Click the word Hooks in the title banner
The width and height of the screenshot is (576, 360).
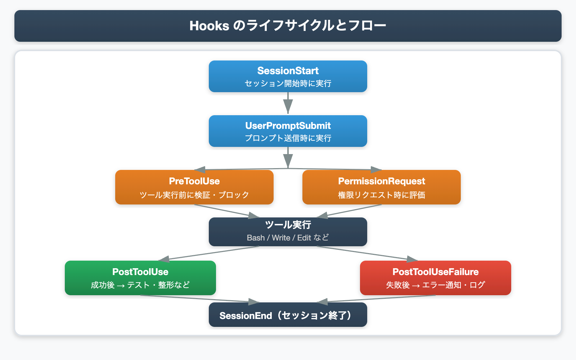[209, 26]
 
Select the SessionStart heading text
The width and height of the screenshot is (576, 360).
[288, 71]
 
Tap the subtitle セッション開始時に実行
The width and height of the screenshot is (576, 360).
[288, 84]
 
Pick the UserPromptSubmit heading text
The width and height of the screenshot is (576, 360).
[288, 126]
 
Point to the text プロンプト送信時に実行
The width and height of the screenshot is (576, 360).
[288, 138]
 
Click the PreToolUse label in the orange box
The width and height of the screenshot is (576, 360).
[194, 181]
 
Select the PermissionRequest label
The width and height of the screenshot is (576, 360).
[382, 181]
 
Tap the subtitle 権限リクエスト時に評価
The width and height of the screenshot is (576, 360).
[382, 195]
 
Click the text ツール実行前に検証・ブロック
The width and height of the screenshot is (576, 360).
[194, 195]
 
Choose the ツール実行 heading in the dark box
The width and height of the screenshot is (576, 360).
[288, 225]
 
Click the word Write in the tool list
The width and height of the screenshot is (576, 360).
[281, 238]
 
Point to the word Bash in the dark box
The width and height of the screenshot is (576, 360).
[256, 238]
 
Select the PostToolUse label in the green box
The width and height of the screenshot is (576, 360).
[140, 272]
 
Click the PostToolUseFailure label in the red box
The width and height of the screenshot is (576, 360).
[436, 272]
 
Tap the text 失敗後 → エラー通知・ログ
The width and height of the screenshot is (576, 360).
[436, 285]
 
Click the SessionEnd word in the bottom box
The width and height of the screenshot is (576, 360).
[246, 316]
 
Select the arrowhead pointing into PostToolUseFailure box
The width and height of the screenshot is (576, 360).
[413, 259]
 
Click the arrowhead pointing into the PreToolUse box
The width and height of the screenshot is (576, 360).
[199, 170]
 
